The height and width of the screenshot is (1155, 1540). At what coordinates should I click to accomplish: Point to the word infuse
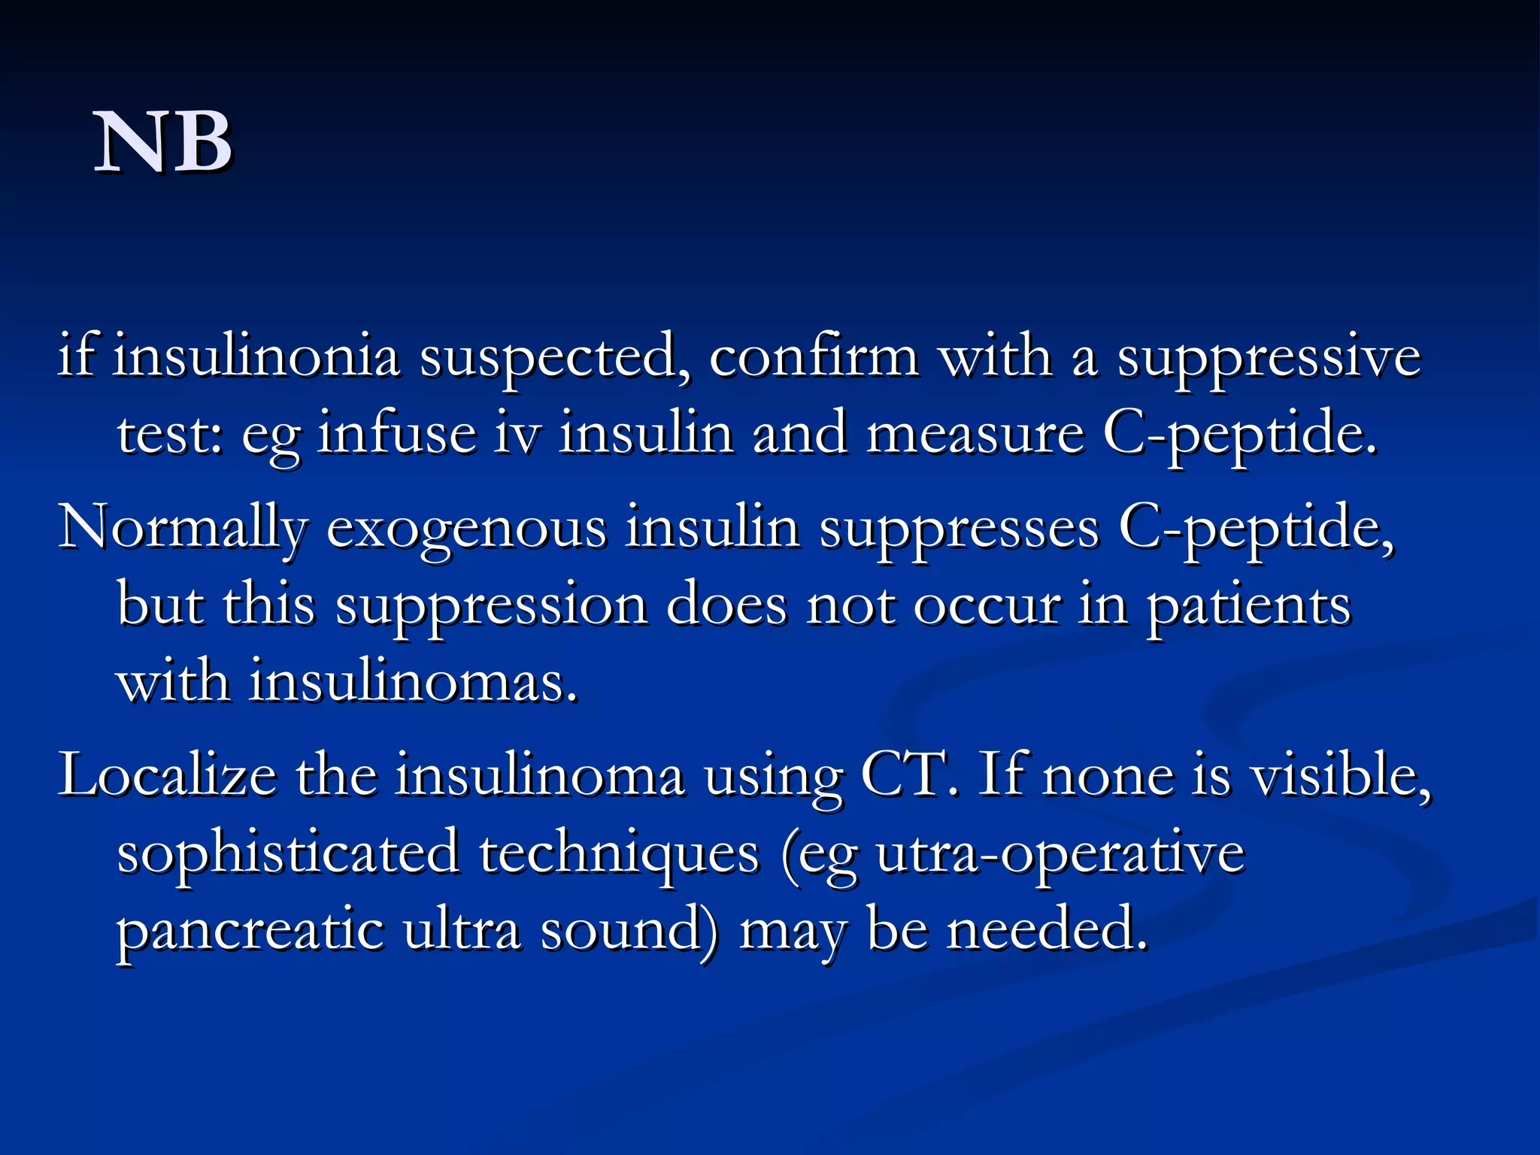click(397, 434)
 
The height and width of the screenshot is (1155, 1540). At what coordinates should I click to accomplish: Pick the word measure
click(975, 435)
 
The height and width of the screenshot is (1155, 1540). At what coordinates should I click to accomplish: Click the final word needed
click(1047, 930)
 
